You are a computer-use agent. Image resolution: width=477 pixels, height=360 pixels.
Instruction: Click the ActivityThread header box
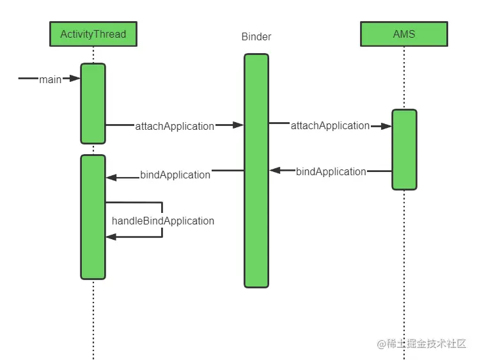click(x=93, y=34)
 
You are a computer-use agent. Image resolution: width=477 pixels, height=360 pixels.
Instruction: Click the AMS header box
click(x=404, y=34)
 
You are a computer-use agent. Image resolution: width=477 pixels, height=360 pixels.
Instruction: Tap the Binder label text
click(x=256, y=37)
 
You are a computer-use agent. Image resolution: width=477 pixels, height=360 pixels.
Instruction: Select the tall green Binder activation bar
click(x=256, y=171)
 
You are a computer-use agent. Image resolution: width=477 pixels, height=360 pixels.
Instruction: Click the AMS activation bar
click(x=404, y=150)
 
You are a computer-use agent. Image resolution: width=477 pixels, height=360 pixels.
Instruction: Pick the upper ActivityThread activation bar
click(x=93, y=104)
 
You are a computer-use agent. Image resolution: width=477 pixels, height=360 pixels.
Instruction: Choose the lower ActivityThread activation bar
click(x=93, y=217)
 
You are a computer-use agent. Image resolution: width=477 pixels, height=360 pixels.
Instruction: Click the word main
click(x=51, y=79)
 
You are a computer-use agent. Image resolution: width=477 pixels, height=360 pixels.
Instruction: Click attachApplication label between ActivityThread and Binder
click(x=175, y=126)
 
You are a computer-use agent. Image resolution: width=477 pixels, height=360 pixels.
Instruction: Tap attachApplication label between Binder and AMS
click(x=330, y=125)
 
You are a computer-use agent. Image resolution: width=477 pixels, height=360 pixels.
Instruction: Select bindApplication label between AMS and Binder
click(x=331, y=171)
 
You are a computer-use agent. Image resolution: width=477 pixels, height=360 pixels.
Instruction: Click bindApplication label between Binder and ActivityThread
click(x=175, y=175)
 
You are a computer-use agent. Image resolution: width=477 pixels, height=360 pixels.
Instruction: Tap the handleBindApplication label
click(x=163, y=221)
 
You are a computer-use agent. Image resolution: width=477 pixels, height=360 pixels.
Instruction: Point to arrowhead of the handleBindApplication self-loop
click(x=111, y=237)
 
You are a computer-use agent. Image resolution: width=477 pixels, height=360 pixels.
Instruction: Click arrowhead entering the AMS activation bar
click(x=386, y=126)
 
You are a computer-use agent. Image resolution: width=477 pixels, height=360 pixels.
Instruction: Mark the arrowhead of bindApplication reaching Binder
click(x=275, y=171)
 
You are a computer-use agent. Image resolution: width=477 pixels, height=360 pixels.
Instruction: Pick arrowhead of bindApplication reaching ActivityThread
click(x=111, y=178)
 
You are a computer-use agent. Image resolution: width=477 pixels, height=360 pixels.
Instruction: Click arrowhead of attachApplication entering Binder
click(x=238, y=125)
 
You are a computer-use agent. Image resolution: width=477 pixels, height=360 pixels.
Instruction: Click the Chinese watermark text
click(x=421, y=343)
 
